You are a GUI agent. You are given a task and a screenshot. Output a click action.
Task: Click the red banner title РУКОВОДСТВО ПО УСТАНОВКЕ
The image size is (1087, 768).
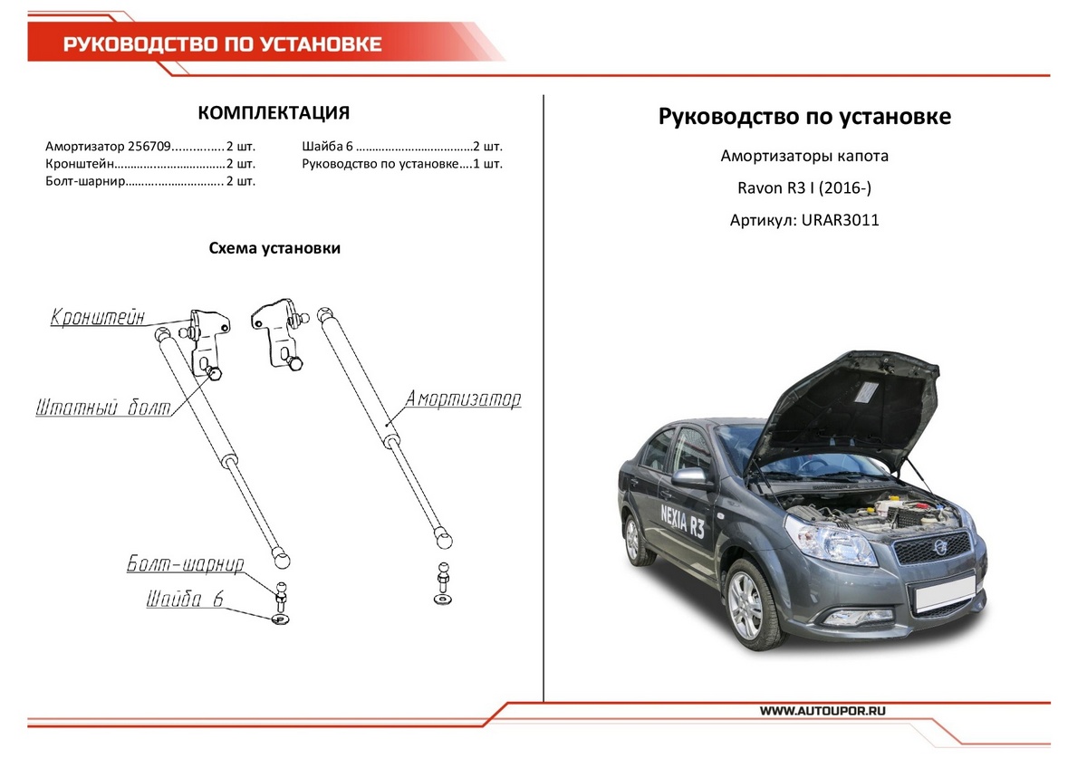point(222,44)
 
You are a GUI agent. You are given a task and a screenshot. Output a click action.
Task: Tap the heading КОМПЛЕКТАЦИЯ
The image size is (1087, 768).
point(274,113)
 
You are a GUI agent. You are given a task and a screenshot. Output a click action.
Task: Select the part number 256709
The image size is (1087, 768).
point(147,146)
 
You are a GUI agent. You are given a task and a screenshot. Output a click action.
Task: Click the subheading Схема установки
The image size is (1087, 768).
point(274,248)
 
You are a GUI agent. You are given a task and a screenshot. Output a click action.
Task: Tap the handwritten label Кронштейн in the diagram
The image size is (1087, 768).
point(98,319)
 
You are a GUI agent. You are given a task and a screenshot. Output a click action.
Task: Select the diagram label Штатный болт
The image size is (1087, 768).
point(102,408)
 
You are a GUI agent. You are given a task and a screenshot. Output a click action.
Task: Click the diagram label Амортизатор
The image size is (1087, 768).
point(463,399)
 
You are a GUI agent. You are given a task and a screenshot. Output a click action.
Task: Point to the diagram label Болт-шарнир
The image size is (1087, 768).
point(185,565)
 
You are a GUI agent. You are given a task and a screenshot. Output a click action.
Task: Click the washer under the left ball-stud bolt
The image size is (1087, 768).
point(280,619)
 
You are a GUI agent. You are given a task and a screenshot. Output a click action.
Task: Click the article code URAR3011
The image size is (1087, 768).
point(841,219)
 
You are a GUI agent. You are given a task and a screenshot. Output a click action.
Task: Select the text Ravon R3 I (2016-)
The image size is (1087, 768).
point(804,187)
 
